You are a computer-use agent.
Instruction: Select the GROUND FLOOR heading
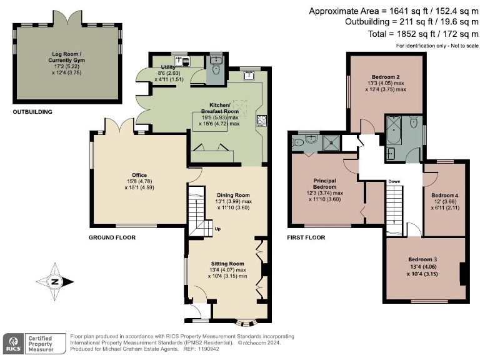pos(112,237)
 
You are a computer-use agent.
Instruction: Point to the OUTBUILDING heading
pos(32,112)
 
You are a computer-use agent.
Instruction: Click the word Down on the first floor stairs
pos(394,182)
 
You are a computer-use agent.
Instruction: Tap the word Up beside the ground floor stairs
pos(217,228)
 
